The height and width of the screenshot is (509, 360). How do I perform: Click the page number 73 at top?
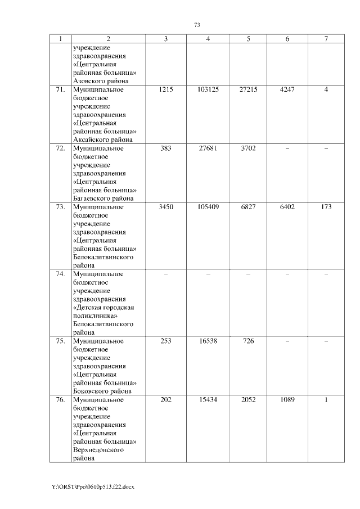tap(197, 25)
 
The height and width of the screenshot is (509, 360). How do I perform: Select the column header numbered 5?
tap(248, 39)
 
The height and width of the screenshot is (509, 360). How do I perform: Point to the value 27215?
tap(248, 89)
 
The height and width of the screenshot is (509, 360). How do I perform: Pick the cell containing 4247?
tap(287, 89)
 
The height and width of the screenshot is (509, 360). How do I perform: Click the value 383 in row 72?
tap(165, 148)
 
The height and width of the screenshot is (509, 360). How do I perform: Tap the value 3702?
tap(248, 148)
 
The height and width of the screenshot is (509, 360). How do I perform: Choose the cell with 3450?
tap(165, 207)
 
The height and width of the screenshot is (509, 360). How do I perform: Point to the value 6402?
tap(287, 207)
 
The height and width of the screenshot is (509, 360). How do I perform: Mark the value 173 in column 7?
tap(326, 207)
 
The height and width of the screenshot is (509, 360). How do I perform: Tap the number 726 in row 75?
tap(248, 341)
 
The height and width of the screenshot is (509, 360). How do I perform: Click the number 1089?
tap(287, 400)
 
